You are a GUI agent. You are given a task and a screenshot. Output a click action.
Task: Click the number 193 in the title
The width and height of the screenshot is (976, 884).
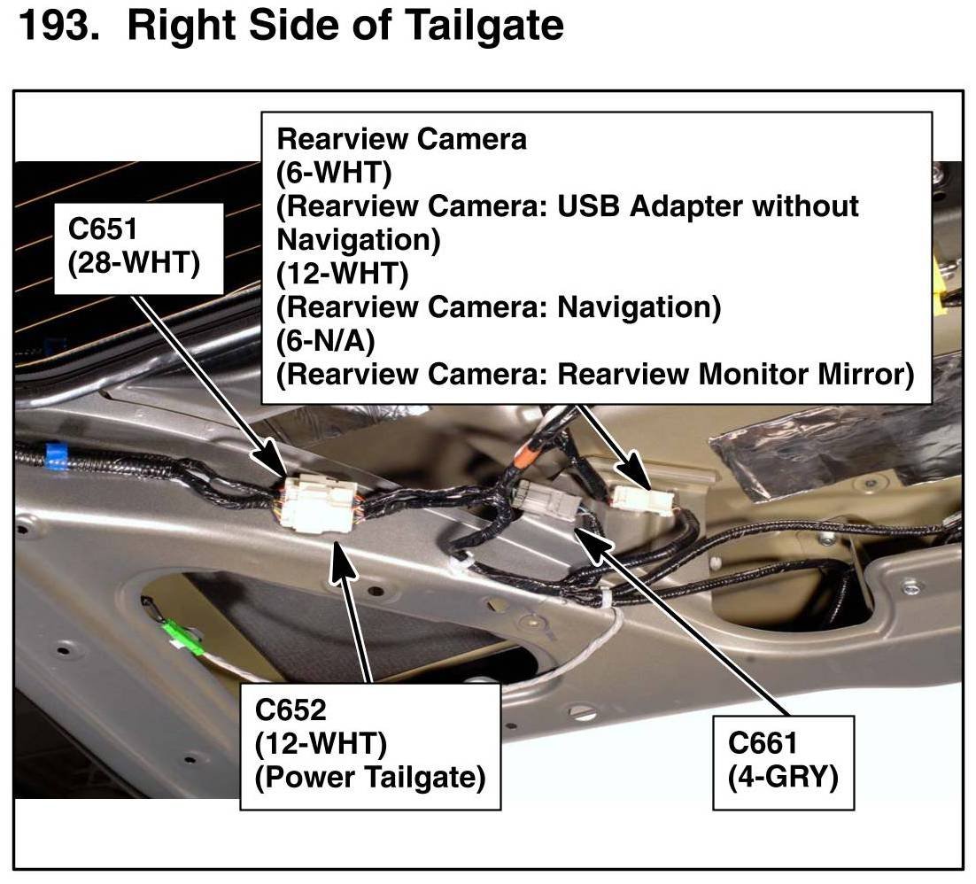[x=56, y=26]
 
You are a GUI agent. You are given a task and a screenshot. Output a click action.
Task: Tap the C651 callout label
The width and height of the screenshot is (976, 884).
[x=104, y=229]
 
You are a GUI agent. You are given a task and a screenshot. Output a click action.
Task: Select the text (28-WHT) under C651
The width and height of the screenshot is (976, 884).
[x=134, y=263]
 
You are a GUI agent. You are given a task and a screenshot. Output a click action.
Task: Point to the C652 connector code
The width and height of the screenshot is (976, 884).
[x=290, y=710]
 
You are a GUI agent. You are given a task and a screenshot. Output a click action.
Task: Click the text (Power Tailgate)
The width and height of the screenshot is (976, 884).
[x=370, y=778]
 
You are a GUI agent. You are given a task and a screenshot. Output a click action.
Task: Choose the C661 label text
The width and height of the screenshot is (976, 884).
[x=763, y=742]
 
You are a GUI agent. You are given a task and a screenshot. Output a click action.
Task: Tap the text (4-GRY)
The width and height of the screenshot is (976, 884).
[x=783, y=776]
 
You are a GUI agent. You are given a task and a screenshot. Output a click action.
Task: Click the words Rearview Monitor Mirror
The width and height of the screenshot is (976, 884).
[x=735, y=374]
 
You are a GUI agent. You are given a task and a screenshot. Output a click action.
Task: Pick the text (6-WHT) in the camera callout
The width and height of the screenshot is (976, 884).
[x=334, y=173]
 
